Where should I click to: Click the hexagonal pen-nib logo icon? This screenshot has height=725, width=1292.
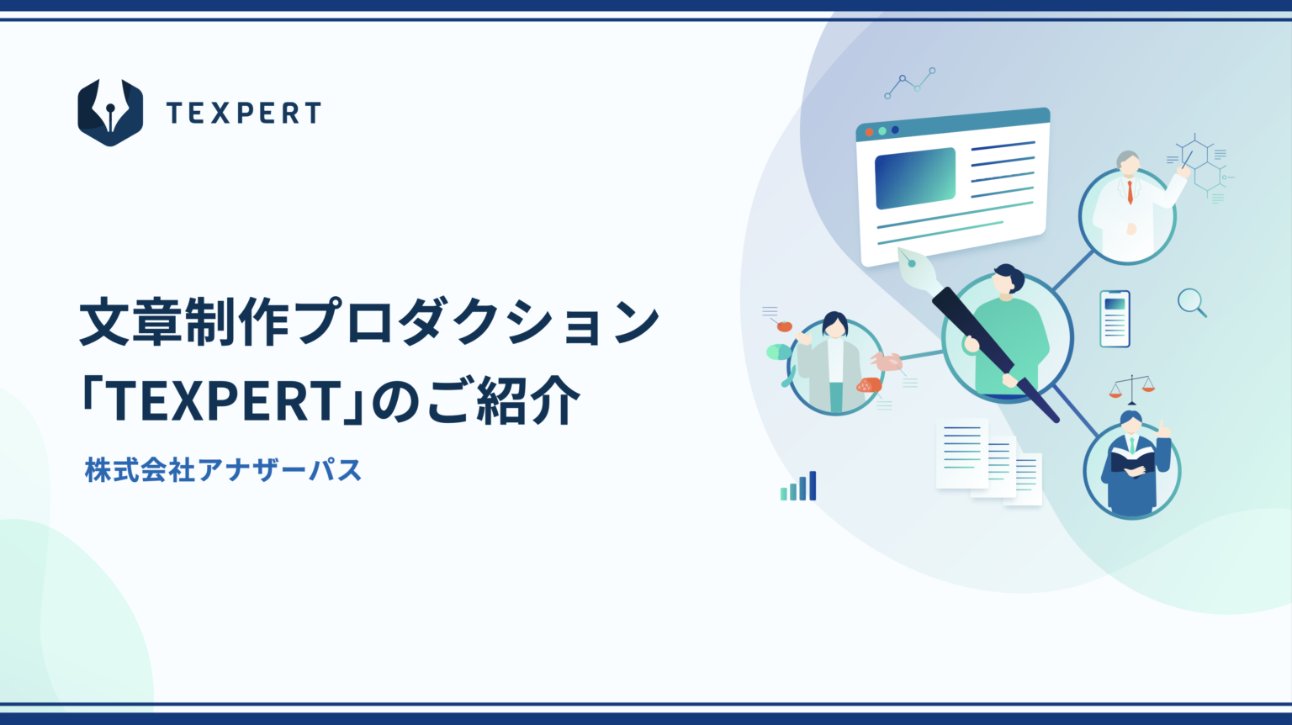pyautogui.click(x=110, y=113)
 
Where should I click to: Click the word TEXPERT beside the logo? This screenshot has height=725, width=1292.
pyautogui.click(x=243, y=114)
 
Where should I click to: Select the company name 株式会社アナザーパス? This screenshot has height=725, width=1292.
pyautogui.click(x=223, y=469)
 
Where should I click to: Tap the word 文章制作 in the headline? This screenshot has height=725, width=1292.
pyautogui.click(x=184, y=322)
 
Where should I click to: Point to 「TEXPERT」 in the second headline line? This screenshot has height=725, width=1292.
pyautogui.click(x=223, y=400)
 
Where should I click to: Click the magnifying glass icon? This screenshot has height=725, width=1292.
pyautogui.click(x=1191, y=302)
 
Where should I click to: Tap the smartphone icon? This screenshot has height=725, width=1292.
pyautogui.click(x=1115, y=319)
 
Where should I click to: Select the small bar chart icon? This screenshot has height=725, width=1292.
pyautogui.click(x=798, y=487)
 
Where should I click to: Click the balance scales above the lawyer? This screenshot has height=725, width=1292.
pyautogui.click(x=1132, y=388)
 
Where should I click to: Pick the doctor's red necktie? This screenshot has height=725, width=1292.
pyautogui.click(x=1130, y=193)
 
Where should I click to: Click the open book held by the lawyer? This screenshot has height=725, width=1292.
pyautogui.click(x=1132, y=460)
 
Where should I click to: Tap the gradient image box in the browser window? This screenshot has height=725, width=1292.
pyautogui.click(x=915, y=178)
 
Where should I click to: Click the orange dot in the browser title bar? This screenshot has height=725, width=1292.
pyautogui.click(x=870, y=132)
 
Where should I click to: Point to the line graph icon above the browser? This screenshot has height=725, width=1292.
pyautogui.click(x=909, y=83)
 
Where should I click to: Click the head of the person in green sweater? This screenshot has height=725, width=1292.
pyautogui.click(x=1007, y=279)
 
